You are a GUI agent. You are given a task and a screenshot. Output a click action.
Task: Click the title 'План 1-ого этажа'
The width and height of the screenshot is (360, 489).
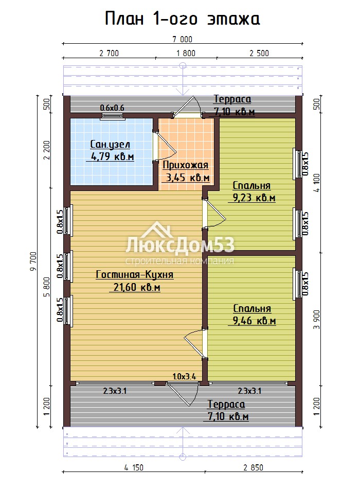183,19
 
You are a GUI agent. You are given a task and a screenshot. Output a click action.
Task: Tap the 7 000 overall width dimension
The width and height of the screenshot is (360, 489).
183,39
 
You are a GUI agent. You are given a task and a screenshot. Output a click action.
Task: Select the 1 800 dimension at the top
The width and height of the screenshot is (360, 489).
186,53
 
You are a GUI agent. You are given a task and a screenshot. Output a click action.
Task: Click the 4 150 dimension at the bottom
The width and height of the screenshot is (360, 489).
134,467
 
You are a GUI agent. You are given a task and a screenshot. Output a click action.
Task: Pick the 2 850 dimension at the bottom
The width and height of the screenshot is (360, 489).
254,467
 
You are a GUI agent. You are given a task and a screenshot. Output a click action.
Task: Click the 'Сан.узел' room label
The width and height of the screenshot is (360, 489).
110,145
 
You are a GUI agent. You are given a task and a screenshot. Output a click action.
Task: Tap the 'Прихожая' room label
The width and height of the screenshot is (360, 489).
186,165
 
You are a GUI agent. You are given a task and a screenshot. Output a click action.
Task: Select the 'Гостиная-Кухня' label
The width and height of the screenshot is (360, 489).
135,274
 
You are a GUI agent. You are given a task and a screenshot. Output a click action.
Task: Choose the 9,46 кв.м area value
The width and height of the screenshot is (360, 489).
255,320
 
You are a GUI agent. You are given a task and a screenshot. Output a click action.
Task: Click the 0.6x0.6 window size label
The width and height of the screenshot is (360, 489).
112,108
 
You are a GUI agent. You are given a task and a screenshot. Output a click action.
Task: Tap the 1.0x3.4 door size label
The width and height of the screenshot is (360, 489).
184,376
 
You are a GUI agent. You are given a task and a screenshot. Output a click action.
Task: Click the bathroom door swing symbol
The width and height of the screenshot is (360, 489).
165,146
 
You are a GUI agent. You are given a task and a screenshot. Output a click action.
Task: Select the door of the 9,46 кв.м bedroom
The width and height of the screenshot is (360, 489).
195,343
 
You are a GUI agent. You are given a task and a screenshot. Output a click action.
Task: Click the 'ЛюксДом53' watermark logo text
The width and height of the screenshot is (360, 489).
180,245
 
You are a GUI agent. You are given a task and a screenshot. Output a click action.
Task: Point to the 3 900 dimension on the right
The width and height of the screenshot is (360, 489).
317,319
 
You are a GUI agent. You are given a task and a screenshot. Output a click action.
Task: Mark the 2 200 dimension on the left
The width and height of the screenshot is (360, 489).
47,150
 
